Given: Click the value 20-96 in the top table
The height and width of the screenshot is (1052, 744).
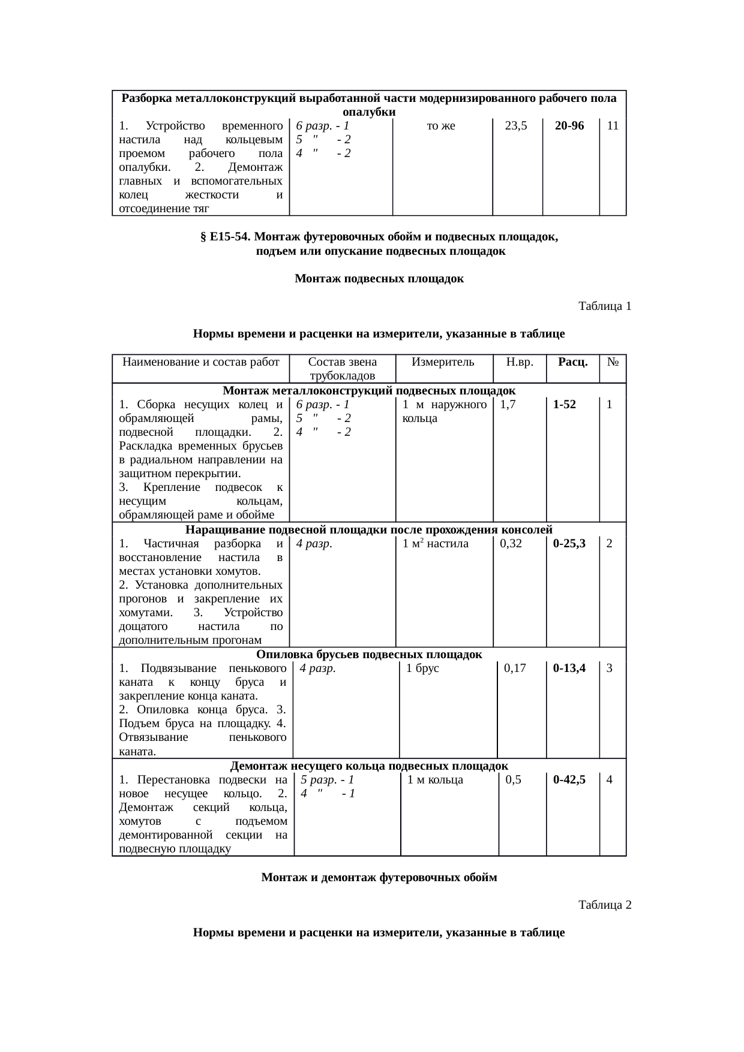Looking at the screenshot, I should [x=569, y=126].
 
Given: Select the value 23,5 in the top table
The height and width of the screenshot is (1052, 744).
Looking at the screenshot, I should [x=516, y=126].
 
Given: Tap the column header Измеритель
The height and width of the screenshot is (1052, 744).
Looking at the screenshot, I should [x=443, y=362].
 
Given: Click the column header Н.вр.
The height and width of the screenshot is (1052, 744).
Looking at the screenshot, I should [x=520, y=362].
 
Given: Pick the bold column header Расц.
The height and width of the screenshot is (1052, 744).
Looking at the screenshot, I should [x=572, y=362].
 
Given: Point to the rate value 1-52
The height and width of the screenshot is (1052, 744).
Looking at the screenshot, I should [x=565, y=405].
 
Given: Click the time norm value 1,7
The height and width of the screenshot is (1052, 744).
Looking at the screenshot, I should [x=508, y=405].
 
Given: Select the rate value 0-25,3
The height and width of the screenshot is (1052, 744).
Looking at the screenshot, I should [x=569, y=544].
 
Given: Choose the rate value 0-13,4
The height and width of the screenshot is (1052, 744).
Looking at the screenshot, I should [x=569, y=668].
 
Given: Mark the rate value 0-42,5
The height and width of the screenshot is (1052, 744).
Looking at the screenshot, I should [x=569, y=780].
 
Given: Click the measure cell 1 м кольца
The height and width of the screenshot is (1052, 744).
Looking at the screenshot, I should [x=435, y=780].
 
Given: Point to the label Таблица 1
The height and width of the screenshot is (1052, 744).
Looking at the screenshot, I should [x=604, y=306].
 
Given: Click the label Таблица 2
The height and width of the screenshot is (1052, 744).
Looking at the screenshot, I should [x=604, y=905].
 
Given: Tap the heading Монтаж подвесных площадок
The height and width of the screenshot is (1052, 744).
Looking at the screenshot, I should [x=379, y=279].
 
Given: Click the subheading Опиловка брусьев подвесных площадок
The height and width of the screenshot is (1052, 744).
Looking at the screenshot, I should [x=369, y=655].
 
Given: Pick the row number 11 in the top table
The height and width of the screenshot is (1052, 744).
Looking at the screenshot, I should [x=613, y=126].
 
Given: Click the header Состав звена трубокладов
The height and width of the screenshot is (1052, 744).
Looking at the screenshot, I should [x=342, y=369].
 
